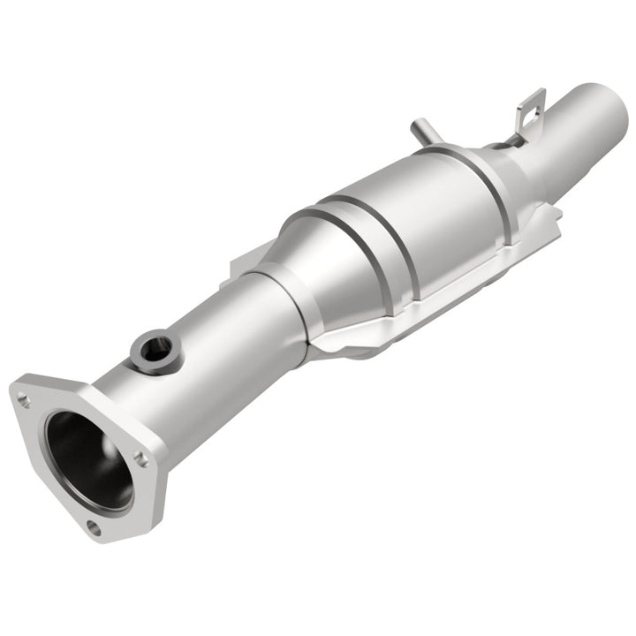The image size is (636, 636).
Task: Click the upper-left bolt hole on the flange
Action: coord(23,399)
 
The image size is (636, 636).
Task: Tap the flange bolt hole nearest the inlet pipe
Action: coord(140,457)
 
